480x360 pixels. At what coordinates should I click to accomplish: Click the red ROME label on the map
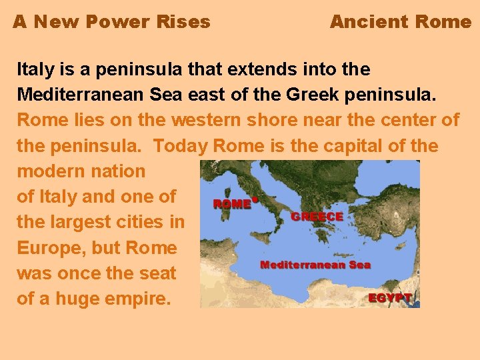point(231,204)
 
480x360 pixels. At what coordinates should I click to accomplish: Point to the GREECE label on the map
point(317,217)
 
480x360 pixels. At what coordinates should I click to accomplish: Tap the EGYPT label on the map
point(389,298)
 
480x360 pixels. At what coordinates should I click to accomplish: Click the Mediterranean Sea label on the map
point(315,265)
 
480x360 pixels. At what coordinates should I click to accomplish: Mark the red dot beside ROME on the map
point(255,198)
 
